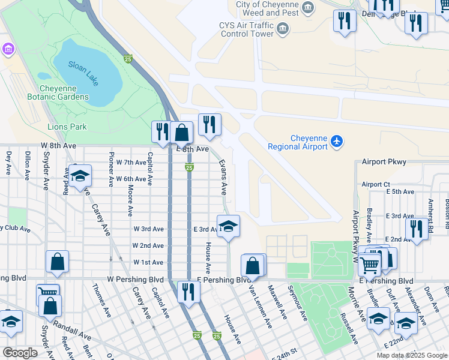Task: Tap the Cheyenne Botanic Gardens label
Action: (58, 92)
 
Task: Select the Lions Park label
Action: (67, 127)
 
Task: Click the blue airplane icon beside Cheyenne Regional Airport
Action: (337, 142)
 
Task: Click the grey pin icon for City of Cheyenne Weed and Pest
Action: (309, 8)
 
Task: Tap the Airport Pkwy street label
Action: (384, 162)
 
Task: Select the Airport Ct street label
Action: (376, 184)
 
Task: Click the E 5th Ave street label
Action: (400, 192)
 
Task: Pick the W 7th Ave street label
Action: (131, 163)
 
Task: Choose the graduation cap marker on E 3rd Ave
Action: (228, 226)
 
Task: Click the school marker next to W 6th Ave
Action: (79, 176)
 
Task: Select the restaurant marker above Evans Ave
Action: (209, 124)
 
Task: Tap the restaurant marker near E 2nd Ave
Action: (416, 229)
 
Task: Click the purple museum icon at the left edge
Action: (8, 48)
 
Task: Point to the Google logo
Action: (20, 352)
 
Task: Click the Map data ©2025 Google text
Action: (412, 355)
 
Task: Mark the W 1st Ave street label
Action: (148, 262)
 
